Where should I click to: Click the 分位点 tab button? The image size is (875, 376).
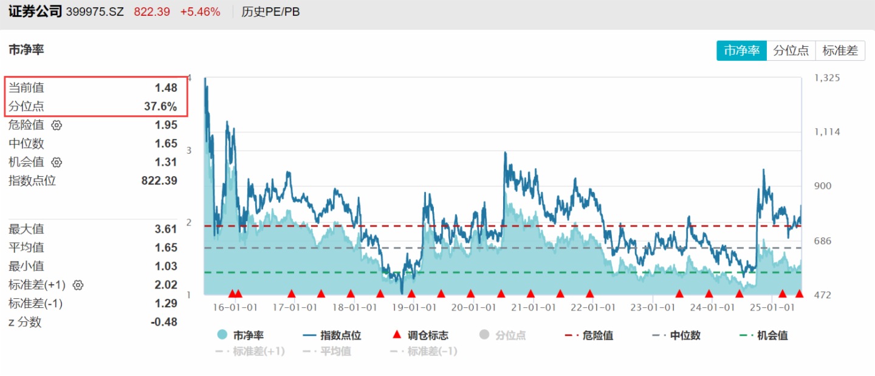point(791,50)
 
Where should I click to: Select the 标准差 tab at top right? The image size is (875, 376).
point(840,50)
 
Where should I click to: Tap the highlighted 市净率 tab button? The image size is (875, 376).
point(741,50)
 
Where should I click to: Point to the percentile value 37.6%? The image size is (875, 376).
point(160,107)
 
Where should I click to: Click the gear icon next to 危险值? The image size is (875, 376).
point(57,125)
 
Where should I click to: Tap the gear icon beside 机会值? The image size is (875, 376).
point(57,162)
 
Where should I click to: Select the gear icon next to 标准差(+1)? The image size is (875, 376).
point(78,285)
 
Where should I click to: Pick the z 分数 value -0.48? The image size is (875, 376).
point(164,322)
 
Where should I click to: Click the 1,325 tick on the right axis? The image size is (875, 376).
point(826,78)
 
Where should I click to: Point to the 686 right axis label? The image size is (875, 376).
point(823,241)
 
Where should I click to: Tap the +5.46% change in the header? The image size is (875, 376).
point(200,12)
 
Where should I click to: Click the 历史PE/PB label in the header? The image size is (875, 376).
point(270,12)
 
